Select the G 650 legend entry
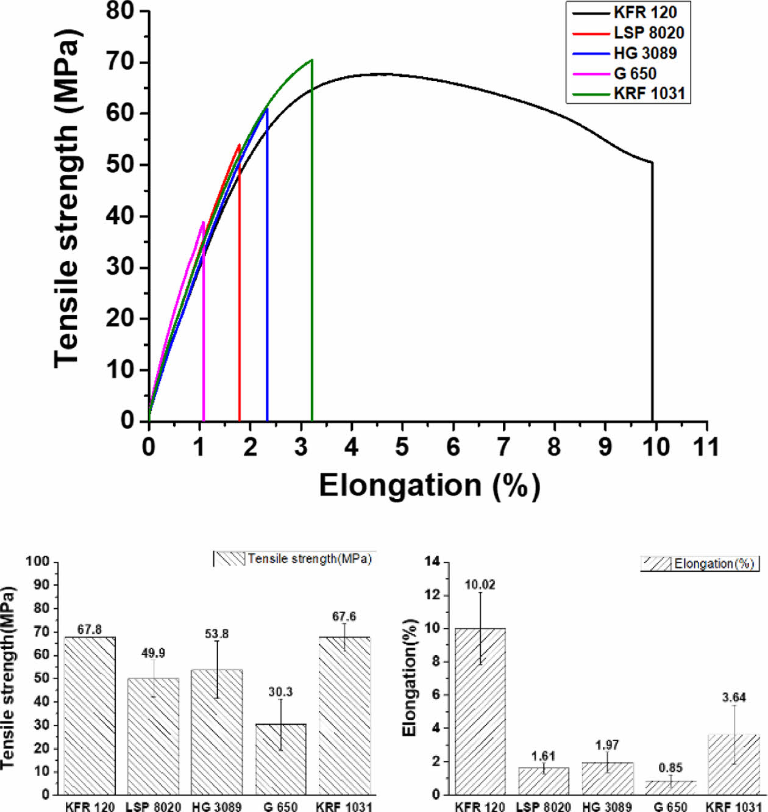click(x=635, y=74)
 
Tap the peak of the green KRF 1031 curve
click(x=311, y=60)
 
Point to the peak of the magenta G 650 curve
click(x=203, y=222)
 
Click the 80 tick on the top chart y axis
click(x=119, y=10)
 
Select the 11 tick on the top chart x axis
click(x=706, y=447)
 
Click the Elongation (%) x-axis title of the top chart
click(x=429, y=486)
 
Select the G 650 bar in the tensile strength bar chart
click(x=280, y=759)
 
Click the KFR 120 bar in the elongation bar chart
click(x=480, y=711)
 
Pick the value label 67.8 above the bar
click(x=90, y=630)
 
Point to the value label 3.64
click(x=734, y=697)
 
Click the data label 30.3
click(x=280, y=692)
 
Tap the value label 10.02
click(x=480, y=585)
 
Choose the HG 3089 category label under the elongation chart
click(x=607, y=807)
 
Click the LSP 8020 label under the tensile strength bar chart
click(x=153, y=807)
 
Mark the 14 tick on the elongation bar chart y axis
click(x=432, y=561)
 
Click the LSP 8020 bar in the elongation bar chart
click(x=543, y=781)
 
